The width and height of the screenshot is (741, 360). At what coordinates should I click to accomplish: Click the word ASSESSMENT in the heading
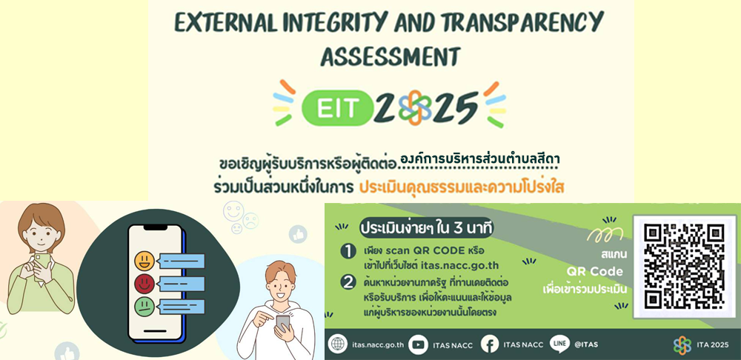point(390,56)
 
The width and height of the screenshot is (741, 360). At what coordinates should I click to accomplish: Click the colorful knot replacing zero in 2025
point(414,107)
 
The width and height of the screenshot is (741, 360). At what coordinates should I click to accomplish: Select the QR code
point(684,265)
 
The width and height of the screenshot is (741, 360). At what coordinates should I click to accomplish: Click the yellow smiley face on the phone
point(144,261)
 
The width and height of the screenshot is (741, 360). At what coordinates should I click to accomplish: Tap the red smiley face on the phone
point(144,284)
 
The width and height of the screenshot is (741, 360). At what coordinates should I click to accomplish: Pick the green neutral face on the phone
point(144,307)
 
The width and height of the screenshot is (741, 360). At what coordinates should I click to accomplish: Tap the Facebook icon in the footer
point(490,344)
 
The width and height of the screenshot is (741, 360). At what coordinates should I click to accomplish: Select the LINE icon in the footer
point(559,344)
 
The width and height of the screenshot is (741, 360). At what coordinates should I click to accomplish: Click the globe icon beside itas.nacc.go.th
point(337,344)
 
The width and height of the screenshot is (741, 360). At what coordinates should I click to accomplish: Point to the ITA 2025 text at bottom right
point(713,345)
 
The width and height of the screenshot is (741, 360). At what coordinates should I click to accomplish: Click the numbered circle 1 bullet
point(348,251)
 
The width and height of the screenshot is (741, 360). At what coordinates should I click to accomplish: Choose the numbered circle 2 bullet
point(348,282)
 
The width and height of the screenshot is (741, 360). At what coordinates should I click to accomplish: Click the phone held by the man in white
point(282,323)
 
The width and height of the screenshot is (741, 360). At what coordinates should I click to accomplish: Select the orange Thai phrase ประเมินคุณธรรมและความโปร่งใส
point(462,187)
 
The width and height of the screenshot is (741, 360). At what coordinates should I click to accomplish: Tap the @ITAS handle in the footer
point(586,344)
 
